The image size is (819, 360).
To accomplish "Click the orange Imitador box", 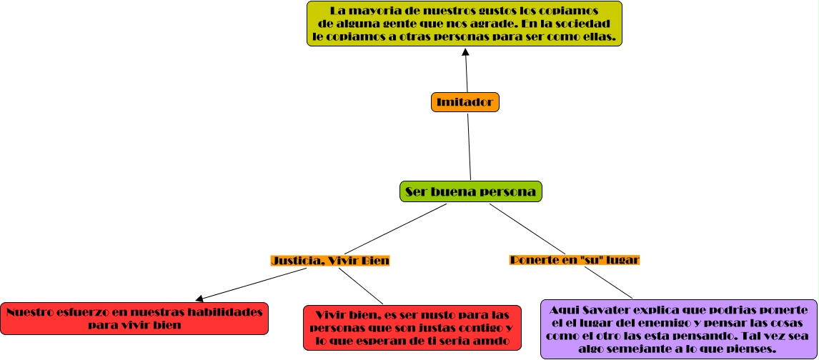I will click(x=465, y=102).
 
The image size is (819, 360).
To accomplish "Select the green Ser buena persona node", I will click(x=471, y=191).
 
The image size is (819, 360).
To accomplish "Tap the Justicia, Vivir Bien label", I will click(x=330, y=261).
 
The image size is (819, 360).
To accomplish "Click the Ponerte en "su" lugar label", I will click(x=574, y=260).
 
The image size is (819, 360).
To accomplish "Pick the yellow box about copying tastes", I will click(x=464, y=24).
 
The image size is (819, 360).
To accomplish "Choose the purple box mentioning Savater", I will click(x=678, y=329).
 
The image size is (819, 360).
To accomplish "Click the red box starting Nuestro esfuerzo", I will click(x=134, y=319).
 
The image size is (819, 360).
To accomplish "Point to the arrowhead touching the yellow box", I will click(x=465, y=52).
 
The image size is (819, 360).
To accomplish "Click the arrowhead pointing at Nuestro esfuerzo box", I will click(x=199, y=298).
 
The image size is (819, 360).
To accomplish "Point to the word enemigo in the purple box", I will click(x=661, y=323).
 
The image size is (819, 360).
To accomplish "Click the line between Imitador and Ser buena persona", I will click(x=469, y=146).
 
